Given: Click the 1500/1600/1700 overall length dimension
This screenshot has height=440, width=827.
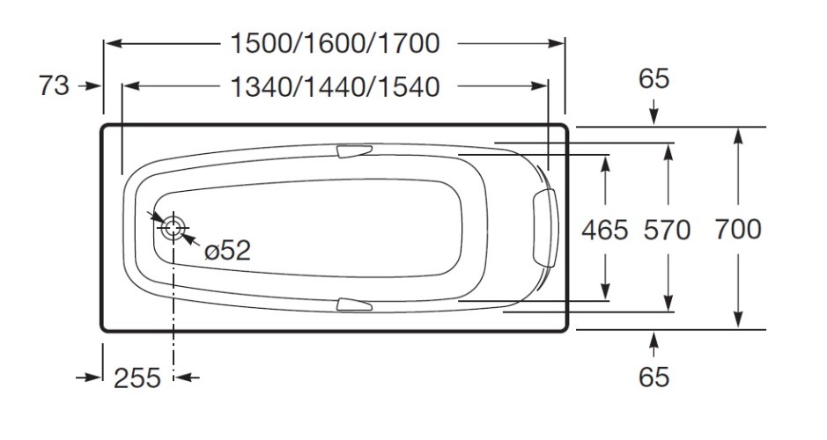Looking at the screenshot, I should pos(334,42).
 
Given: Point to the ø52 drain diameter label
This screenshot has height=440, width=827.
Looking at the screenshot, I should pos(227,251).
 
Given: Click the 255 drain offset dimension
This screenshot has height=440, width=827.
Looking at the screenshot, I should pos(137,378).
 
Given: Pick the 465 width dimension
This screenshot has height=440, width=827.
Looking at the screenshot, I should pos(605,230).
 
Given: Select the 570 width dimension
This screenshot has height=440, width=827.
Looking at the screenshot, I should pos(668,230).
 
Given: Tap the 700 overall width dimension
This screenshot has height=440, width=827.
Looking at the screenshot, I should pos(737,230).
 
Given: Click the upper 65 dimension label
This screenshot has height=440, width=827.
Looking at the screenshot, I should pos(653,79).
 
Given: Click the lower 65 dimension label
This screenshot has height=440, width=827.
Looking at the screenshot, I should pos(653,378).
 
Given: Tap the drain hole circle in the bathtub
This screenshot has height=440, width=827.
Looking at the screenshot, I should pos(173,228).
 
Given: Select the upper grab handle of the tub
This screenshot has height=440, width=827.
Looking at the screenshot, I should pos(356,152).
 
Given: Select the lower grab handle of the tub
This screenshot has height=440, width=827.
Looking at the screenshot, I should pos(356,304).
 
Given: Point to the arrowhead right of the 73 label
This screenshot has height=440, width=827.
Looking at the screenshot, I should pos(94,86).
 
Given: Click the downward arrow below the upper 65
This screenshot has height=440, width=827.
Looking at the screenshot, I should pos(653,114).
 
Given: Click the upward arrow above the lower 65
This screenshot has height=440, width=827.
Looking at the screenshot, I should pos(653,341).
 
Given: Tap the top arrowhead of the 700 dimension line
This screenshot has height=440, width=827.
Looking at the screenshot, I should pos(737,135).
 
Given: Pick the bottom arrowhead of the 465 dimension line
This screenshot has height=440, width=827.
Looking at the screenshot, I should pos(605,293).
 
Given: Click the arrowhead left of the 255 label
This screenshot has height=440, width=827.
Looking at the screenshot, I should pos(94,378).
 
